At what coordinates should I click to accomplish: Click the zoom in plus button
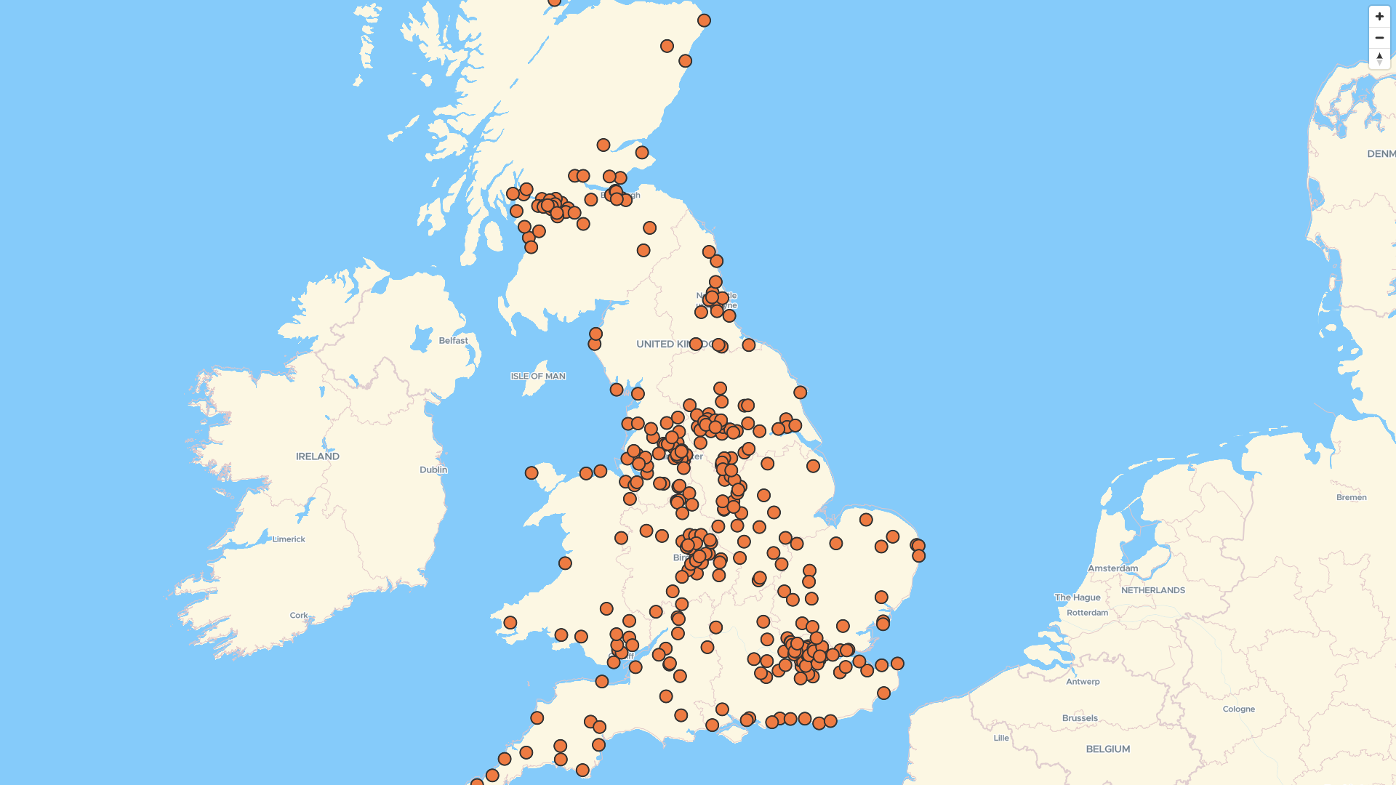click(1379, 17)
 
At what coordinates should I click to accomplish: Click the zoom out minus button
click(1379, 38)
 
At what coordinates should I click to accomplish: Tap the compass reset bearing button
click(1379, 58)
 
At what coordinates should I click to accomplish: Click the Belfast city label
click(453, 340)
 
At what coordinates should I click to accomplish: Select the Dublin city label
click(433, 470)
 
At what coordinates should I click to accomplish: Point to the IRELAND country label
click(317, 456)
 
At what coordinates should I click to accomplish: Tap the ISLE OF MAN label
click(537, 377)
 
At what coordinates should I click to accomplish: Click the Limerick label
click(289, 539)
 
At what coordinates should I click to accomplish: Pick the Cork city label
click(299, 615)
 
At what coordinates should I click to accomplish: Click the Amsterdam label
click(1112, 568)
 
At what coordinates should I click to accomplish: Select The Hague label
click(1078, 597)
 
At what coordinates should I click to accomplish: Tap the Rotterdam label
click(1087, 613)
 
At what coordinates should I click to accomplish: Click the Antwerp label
click(1083, 682)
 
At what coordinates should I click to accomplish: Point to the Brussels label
click(1080, 718)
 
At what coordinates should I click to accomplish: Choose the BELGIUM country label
click(1107, 749)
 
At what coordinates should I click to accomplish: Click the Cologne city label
click(1238, 709)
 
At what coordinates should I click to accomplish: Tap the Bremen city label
click(1351, 498)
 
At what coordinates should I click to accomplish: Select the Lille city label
click(1001, 738)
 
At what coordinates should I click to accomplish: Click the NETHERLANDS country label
click(1152, 590)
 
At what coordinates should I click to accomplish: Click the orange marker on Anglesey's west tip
click(531, 473)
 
